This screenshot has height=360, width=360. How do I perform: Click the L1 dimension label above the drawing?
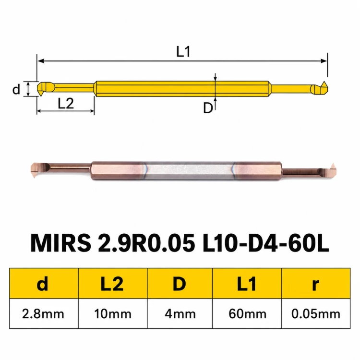[x=183, y=51]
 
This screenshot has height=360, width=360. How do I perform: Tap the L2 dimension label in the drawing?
[x=66, y=103]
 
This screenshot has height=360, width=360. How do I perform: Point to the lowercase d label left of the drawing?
[x=16, y=89]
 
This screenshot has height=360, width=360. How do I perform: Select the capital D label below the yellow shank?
[x=208, y=108]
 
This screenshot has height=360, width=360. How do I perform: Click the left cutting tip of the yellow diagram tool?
[x=41, y=95]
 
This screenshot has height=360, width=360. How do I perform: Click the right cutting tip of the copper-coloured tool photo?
[x=333, y=164]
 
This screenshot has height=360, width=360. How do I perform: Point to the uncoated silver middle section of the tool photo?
[x=189, y=170]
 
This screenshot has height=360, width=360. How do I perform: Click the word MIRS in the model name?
[x=60, y=243]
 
